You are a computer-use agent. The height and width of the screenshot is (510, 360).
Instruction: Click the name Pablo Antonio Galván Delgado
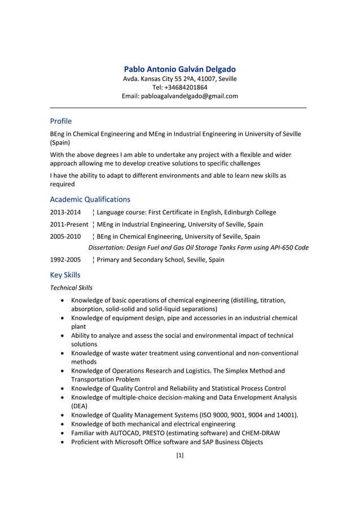pyautogui.click(x=180, y=69)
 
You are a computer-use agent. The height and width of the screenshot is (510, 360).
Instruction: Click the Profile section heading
pyautogui.click(x=60, y=121)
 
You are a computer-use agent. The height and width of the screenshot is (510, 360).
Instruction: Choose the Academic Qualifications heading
pyautogui.click(x=90, y=199)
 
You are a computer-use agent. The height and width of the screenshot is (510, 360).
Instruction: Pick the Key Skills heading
pyautogui.click(x=65, y=275)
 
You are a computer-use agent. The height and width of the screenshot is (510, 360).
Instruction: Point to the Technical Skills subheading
pyautogui.click(x=72, y=287)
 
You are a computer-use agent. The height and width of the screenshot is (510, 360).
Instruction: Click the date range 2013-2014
pyautogui.click(x=65, y=212)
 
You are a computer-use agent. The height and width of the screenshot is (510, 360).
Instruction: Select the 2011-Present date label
pyautogui.click(x=69, y=224)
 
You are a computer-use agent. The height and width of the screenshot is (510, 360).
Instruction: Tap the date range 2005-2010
pyautogui.click(x=65, y=236)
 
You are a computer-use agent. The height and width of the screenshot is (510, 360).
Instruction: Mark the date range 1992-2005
pyautogui.click(x=65, y=260)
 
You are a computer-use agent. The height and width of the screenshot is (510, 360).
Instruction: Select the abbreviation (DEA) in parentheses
pyautogui.click(x=80, y=406)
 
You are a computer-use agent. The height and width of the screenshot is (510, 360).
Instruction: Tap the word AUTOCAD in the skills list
pyautogui.click(x=126, y=433)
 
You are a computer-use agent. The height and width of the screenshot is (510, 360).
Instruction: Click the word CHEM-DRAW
pyautogui.click(x=260, y=433)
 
